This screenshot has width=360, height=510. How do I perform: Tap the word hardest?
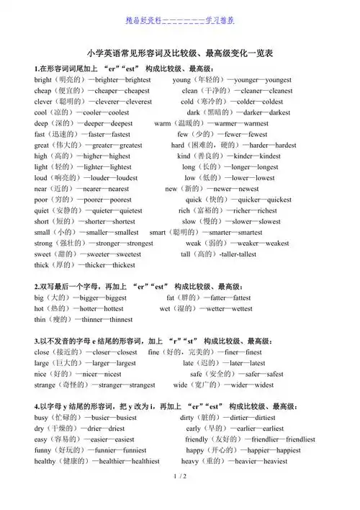point(281,145)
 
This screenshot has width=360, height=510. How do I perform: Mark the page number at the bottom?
point(180,496)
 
